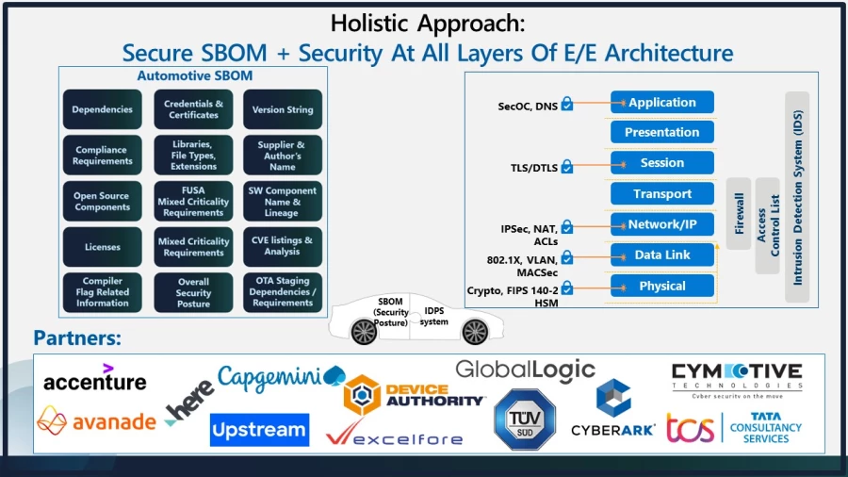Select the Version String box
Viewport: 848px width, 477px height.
(283, 109)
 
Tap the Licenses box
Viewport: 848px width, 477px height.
(103, 247)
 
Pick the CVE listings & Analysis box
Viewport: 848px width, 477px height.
(283, 247)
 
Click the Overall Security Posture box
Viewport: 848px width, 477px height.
(193, 292)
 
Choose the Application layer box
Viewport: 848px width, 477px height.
(661, 103)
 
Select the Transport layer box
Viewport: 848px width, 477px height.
(661, 194)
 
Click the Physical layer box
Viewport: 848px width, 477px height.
(661, 286)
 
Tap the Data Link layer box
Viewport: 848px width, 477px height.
(661, 255)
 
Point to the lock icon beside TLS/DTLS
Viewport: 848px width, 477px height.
(567, 167)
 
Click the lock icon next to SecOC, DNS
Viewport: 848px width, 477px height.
(567, 105)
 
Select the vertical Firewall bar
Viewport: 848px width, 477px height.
(739, 214)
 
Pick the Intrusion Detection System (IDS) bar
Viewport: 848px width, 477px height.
(797, 197)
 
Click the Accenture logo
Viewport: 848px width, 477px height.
(95, 380)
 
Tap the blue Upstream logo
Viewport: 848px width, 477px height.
(259, 431)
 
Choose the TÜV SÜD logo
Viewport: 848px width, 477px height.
(525, 419)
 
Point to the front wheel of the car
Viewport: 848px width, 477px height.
(475, 332)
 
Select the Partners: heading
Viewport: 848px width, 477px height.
(77, 337)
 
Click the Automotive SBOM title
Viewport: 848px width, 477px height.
(195, 75)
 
